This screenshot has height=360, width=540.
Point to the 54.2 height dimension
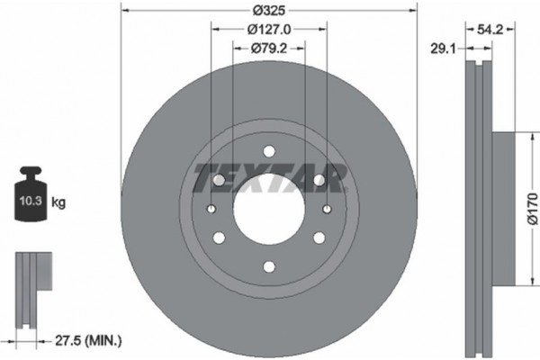click(x=490, y=30)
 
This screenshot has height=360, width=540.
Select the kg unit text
click(x=58, y=203)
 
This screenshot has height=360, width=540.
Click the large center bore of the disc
click(x=269, y=209)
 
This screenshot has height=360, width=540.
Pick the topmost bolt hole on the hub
click(x=269, y=151)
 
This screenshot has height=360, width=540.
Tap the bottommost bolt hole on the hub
click(x=269, y=266)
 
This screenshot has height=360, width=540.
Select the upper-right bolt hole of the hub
click(x=319, y=180)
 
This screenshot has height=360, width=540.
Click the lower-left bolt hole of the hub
click(x=219, y=238)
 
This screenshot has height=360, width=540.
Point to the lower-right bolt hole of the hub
click(x=319, y=238)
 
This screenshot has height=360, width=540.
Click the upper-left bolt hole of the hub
click(x=219, y=180)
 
